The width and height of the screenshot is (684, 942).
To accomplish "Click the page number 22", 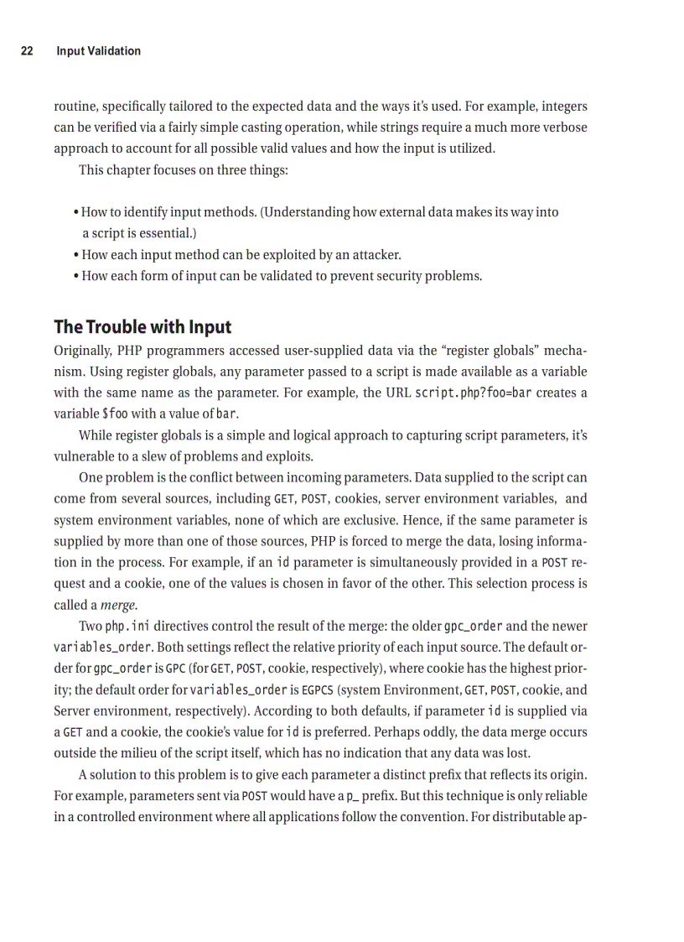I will pos(27,51).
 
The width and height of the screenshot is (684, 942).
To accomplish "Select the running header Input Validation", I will pos(98,51).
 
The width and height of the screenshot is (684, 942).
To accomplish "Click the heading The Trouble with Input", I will pos(142,326).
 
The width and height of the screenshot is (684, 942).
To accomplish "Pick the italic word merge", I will pos(122,605).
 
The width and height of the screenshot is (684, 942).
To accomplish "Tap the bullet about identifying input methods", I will pos(319,212).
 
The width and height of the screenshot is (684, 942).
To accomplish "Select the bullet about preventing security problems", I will pos(281,276).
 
